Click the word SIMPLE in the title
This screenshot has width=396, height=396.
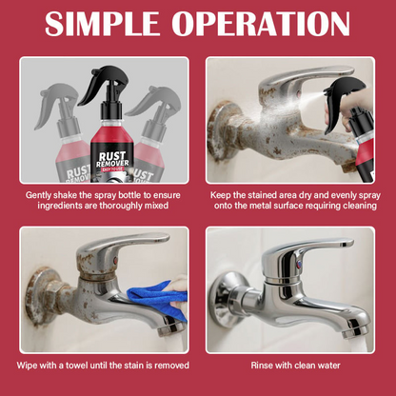[101, 24]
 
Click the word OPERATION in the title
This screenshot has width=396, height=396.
[261, 24]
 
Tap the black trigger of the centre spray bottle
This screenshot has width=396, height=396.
[101, 83]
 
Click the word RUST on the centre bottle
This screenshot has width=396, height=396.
[112, 156]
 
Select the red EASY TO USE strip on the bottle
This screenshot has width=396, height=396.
[111, 169]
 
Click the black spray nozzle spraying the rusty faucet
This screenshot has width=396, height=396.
[344, 99]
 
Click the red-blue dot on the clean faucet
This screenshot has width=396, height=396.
[298, 264]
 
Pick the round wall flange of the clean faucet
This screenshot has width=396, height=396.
[225, 298]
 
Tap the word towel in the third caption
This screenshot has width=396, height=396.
[77, 366]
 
